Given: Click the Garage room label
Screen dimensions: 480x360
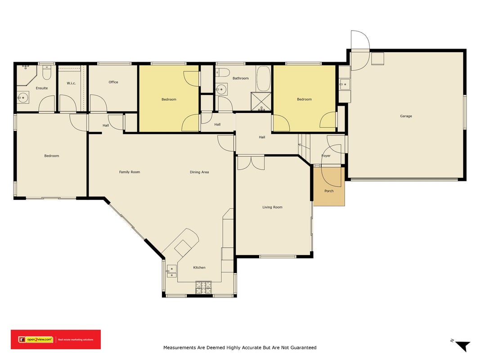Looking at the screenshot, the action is tap(406, 116).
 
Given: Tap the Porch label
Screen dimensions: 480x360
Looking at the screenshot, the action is tap(329, 191).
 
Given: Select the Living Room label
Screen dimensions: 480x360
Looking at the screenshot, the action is tap(272, 207).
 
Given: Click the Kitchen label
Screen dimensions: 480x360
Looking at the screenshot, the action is tap(199, 268).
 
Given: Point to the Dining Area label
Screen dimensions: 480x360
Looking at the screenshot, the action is tap(199, 172).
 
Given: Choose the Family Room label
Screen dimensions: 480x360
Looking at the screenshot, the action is tap(130, 172).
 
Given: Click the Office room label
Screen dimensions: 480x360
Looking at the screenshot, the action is tap(113, 82).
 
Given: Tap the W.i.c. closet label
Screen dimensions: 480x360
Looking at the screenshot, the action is tap(72, 83).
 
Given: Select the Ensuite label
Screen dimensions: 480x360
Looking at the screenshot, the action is tap(42, 88).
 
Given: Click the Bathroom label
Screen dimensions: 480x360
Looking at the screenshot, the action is tap(241, 78).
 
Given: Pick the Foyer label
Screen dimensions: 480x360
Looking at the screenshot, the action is tap(326, 156).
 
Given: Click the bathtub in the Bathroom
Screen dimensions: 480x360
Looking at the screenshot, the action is tap(263, 79).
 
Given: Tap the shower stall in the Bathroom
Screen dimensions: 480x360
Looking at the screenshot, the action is tap(261, 101).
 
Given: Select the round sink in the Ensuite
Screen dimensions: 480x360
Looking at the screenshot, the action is tap(22, 98).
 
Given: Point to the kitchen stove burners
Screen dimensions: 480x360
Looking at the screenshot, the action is tap(204, 288).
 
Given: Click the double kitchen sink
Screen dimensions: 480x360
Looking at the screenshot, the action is tap(171, 271).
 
